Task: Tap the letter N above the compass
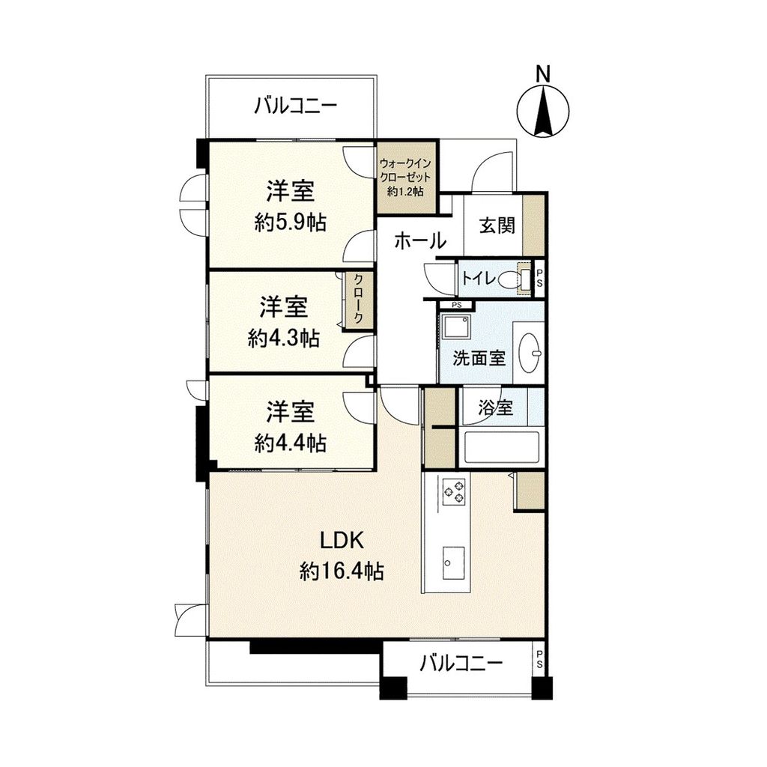coord(544,73)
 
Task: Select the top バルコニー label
coord(294,105)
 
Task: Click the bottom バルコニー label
coord(461,664)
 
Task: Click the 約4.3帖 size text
coord(284,339)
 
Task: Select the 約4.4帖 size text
coord(290,443)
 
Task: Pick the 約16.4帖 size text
coord(342,572)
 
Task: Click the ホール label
coord(420,241)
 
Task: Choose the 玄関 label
coord(494,225)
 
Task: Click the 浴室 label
coord(496,408)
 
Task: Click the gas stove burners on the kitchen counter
coord(454,491)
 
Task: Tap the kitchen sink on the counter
coord(453,559)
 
